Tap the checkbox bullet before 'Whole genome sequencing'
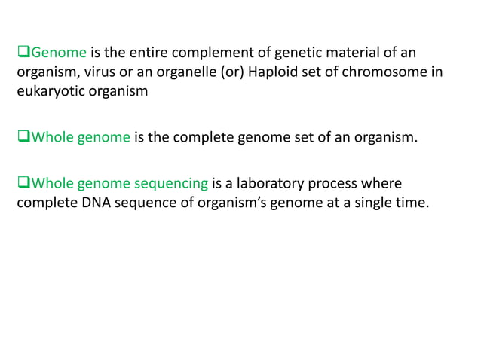click(22, 183)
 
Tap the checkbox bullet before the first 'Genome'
click(22, 52)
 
